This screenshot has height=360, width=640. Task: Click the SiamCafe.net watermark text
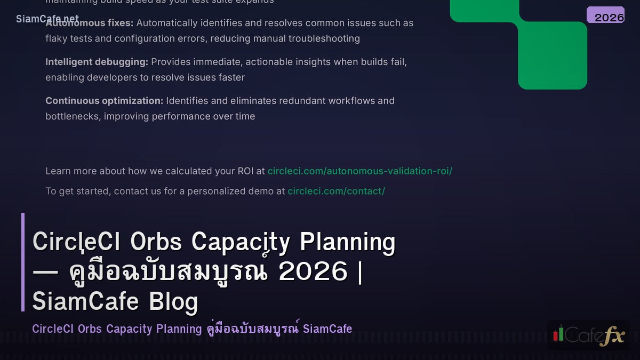pos(47,19)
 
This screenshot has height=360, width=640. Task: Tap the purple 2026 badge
pos(605,15)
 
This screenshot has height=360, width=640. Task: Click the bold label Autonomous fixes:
pos(90,23)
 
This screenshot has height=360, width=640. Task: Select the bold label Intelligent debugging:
pos(97,62)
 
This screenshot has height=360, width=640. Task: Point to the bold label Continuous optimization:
pos(104,101)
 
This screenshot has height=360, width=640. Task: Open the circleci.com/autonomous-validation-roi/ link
pos(359,171)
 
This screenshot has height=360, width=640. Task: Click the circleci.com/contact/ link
pos(336,191)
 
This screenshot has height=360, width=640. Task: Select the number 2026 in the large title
pos(313,271)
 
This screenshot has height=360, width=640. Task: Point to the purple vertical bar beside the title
pos(23,262)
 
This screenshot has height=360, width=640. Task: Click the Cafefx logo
pos(588,335)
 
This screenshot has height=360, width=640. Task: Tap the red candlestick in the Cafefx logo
pos(556,335)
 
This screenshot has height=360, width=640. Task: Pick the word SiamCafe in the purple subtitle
pos(327,329)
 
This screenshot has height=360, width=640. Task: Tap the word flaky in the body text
pos(58,38)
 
